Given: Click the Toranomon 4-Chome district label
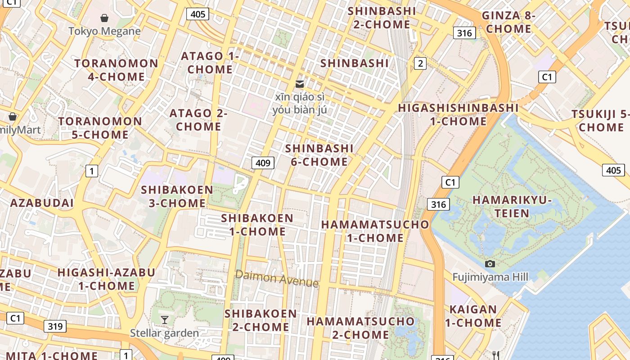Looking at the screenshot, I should coord(117,70).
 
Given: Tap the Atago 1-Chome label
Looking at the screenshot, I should coord(210,63).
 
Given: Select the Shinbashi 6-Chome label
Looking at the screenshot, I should coord(319,155).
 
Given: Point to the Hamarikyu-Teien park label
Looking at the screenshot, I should coord(512,207).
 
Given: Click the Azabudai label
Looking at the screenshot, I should coord(42,203).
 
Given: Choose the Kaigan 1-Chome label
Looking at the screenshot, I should coord(473,316).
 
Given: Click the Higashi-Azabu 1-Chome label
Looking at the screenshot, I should coord(107,279).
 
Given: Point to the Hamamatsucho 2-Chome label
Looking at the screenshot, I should coord(360,328).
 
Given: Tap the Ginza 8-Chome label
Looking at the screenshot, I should coord(508,22).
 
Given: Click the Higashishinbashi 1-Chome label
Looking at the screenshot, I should coord(459,114).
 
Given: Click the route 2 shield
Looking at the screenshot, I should coord(420,63).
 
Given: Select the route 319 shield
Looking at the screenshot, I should coord(55,326).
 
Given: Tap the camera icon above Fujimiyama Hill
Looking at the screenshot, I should coord(490,264).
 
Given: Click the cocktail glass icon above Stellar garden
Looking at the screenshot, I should coord(165,320).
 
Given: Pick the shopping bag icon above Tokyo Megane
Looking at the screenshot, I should coord(104,18).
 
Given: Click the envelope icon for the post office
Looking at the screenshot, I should coord(300,84).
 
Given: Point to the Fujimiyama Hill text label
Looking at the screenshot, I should coord(490,277).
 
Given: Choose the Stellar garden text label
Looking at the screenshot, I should coord(164,333).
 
